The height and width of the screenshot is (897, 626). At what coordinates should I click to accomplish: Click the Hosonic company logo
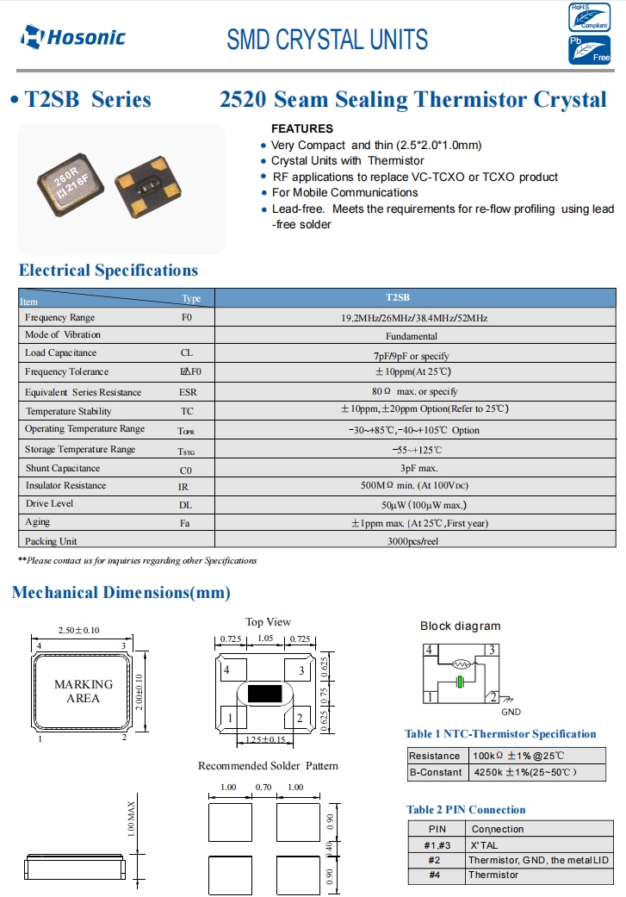tap(73, 36)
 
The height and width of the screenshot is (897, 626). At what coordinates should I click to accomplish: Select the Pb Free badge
tap(590, 50)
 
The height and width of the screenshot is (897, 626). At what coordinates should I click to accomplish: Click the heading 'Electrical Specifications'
tap(108, 271)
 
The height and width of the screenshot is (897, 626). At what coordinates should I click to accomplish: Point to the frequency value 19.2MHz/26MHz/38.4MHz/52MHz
tap(414, 318)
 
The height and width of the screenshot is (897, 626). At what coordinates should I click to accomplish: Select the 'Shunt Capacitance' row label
tap(62, 469)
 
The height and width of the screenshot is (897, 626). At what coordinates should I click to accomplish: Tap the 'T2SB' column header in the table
tap(398, 298)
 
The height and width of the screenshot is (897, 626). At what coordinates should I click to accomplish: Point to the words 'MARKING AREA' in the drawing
tap(84, 691)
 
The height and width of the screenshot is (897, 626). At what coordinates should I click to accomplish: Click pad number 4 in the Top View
tap(227, 670)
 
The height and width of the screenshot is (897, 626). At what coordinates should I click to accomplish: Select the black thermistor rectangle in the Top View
tap(264, 693)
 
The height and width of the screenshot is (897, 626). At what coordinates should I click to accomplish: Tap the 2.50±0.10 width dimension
tap(78, 630)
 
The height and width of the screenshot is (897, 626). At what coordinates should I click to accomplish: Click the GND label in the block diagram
tap(511, 712)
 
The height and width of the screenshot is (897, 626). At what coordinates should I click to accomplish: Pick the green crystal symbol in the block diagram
tap(460, 682)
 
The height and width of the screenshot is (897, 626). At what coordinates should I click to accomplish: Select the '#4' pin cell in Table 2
tap(437, 875)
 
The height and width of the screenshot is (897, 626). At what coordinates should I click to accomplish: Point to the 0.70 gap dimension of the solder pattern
tap(263, 788)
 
